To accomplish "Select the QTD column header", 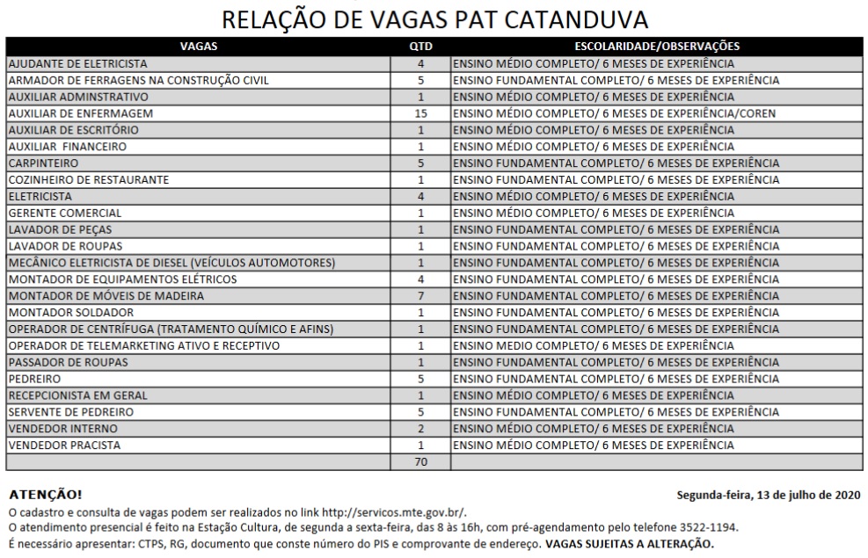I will pyautogui.click(x=420, y=47).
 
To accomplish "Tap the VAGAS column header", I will pyautogui.click(x=198, y=47).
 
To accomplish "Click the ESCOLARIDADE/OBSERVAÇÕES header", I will pyautogui.click(x=656, y=47).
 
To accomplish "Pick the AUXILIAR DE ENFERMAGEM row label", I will pyautogui.click(x=81, y=113).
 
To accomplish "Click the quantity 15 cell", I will pyautogui.click(x=420, y=113).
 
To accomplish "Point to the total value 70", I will pyautogui.click(x=420, y=462).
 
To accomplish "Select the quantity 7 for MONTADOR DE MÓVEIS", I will pyautogui.click(x=420, y=296).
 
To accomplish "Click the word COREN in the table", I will pyautogui.click(x=757, y=113).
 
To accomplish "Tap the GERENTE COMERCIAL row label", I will pyautogui.click(x=65, y=213).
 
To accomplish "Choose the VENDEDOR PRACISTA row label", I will pyautogui.click(x=65, y=446).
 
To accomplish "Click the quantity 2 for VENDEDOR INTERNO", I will pyautogui.click(x=420, y=429).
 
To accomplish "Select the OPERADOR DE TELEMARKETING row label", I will pyautogui.click(x=144, y=346).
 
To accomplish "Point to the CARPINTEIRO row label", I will pyautogui.click(x=43, y=163).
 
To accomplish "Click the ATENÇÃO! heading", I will pyautogui.click(x=45, y=495).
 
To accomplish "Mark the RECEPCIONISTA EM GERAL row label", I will pyautogui.click(x=77, y=395).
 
